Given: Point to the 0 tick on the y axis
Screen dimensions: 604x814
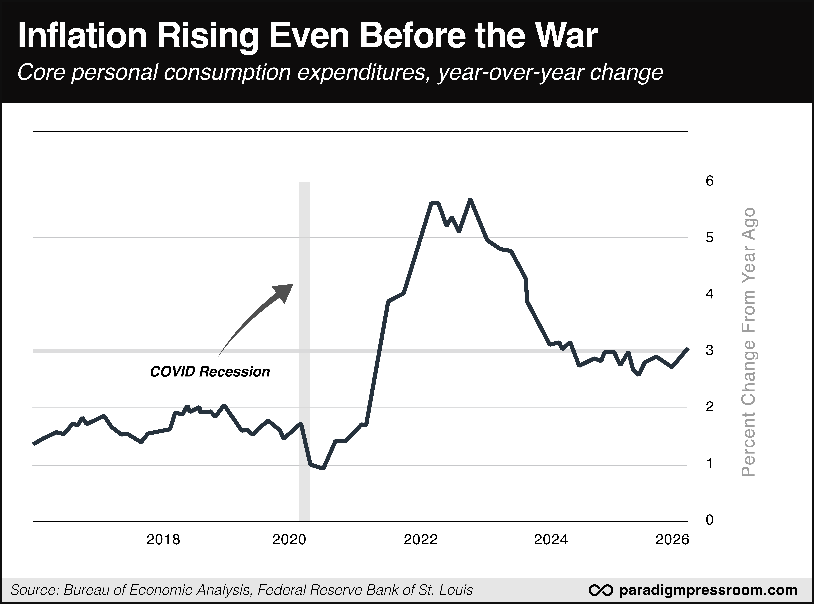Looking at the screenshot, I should coord(709,520).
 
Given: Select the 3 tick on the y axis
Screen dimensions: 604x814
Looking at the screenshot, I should coord(709,350).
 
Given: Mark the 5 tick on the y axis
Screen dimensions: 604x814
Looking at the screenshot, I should coord(709,238).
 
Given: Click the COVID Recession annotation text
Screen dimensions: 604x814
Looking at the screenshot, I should coord(210,372).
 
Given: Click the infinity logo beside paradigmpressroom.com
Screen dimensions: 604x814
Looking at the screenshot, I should coord(600,590).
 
